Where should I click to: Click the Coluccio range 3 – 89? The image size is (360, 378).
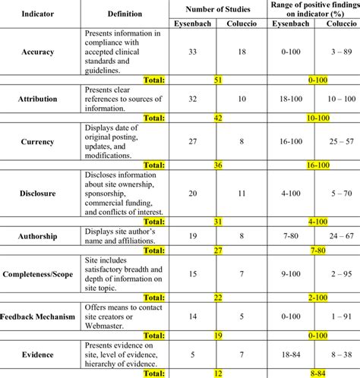[x=336, y=53]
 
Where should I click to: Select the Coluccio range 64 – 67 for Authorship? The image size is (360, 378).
[x=336, y=237]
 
